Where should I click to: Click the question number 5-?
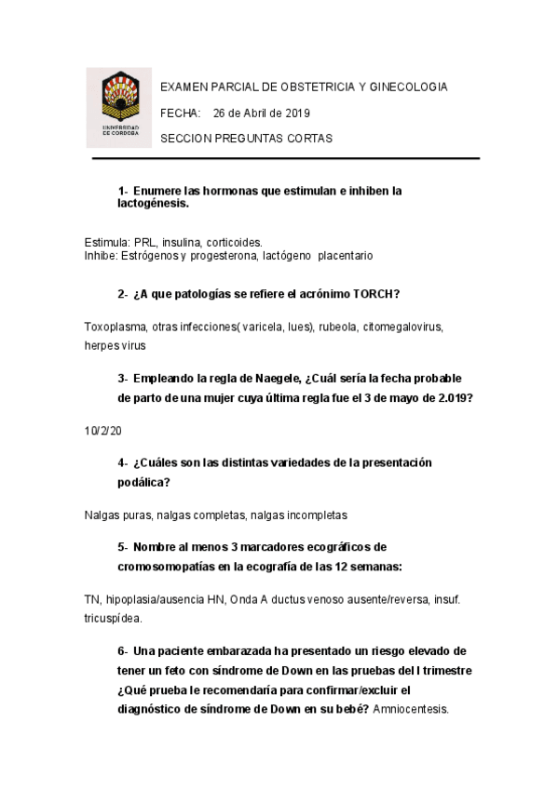123,546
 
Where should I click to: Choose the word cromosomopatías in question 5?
165,566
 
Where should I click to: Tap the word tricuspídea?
113,617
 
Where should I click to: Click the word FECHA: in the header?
181,113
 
